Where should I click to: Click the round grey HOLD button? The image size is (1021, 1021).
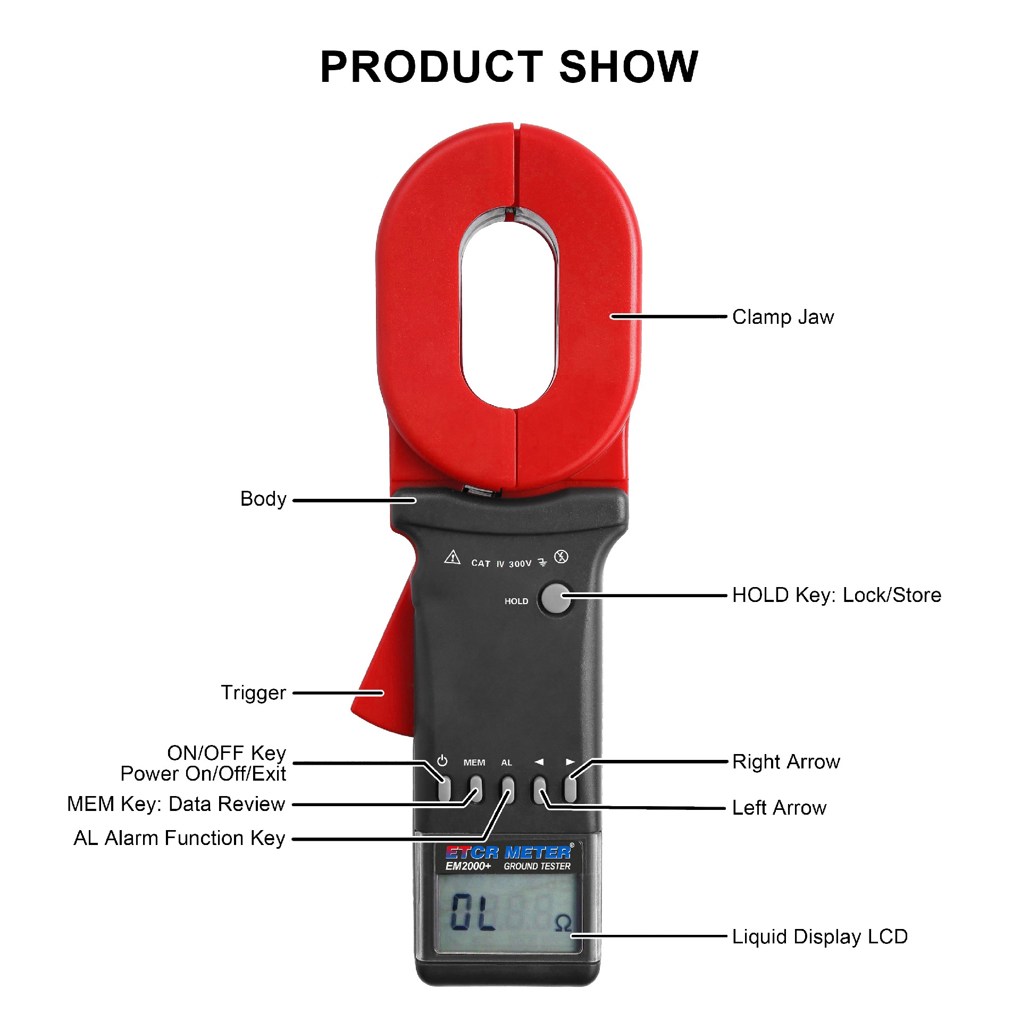click(555, 599)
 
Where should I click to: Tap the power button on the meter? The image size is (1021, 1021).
click(444, 789)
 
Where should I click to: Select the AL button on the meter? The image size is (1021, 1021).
click(508, 789)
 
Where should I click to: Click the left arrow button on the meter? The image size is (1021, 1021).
click(539, 789)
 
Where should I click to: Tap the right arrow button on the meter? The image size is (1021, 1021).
click(571, 789)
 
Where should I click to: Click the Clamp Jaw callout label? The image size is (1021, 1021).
click(783, 317)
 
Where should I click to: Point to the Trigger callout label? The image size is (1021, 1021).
click(254, 693)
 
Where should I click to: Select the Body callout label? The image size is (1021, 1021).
click(263, 499)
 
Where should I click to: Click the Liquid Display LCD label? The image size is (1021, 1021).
click(819, 936)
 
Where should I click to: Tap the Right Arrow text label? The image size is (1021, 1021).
click(786, 762)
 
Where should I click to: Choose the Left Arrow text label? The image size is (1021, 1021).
click(779, 808)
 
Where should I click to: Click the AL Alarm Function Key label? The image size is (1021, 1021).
click(180, 838)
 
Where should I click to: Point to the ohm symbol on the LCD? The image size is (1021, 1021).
click(563, 923)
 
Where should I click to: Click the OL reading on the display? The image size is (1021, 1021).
click(473, 911)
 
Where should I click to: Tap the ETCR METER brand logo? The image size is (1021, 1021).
click(508, 852)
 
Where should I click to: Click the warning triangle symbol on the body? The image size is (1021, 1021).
click(452, 557)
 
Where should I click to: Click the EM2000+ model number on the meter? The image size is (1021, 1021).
click(468, 866)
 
